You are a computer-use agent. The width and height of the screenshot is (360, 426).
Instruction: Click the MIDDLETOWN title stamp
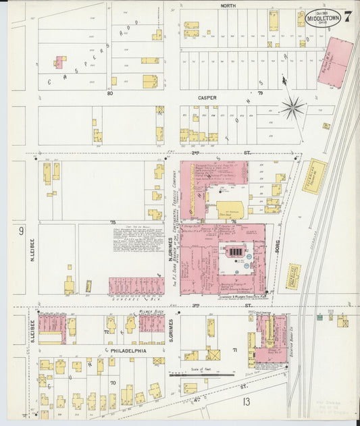(x=322, y=19)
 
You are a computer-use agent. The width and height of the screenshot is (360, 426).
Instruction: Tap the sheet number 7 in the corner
(x=346, y=16)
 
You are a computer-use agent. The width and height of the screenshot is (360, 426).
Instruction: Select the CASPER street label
(x=207, y=98)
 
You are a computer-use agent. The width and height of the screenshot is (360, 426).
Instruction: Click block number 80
(x=109, y=93)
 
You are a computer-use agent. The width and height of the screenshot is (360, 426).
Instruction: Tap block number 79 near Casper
(x=259, y=92)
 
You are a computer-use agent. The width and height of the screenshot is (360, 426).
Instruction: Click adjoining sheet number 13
(x=247, y=403)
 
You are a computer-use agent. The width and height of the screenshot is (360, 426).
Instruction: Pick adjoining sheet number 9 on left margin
(x=21, y=232)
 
